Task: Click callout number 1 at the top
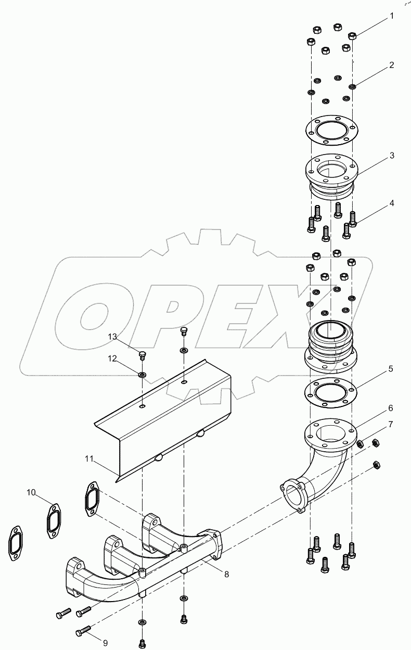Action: pos(392,16)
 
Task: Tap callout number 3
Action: pos(392,155)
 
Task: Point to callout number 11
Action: pos(89,458)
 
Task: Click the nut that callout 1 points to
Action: pos(352,36)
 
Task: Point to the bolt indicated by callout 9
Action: pos(83,632)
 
